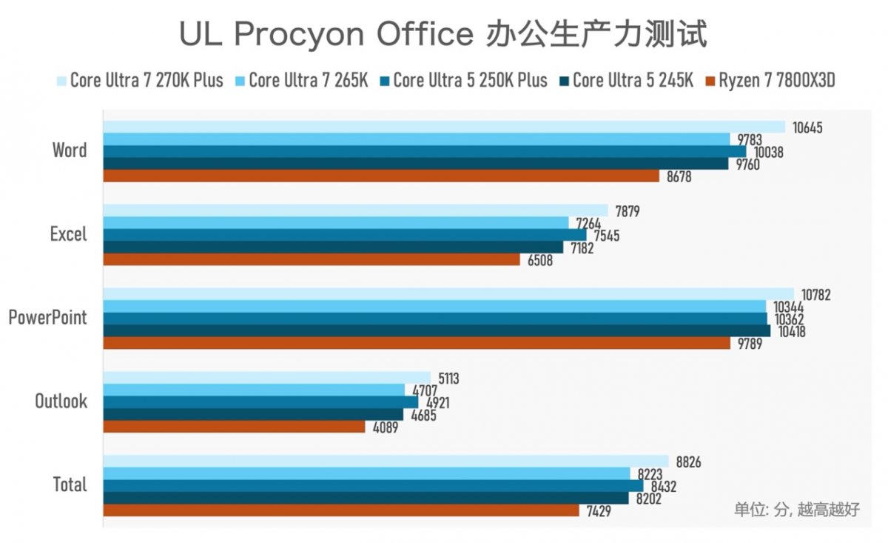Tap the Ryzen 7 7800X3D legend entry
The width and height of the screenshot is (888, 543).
[x=776, y=80]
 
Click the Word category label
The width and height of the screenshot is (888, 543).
[x=70, y=150]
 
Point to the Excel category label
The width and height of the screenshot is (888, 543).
[x=68, y=234]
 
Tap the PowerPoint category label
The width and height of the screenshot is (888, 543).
[x=47, y=318]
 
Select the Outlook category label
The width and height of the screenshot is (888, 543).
[x=61, y=402]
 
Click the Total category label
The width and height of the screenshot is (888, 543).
[x=70, y=485]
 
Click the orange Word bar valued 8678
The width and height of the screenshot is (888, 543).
[x=380, y=176]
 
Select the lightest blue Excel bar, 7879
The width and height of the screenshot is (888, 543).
[x=355, y=210]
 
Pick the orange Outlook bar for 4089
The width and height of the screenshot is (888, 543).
[x=234, y=427]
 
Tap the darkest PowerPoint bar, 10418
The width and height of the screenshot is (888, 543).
[x=437, y=331]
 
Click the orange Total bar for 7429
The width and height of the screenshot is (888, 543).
[x=340, y=511]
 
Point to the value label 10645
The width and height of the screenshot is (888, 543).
[x=807, y=128]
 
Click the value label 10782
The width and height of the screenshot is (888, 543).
[x=816, y=295]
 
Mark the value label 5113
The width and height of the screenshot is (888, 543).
[x=448, y=379]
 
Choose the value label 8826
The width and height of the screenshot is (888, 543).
[x=688, y=463]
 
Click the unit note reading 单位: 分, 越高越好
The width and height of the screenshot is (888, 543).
[x=796, y=510]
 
